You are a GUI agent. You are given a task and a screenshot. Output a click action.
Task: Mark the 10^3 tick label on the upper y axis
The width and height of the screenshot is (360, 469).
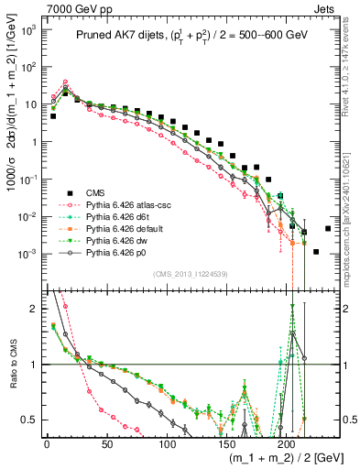[x=29, y=29]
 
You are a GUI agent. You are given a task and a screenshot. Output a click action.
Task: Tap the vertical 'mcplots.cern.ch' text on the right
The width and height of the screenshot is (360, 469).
[x=352, y=211]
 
